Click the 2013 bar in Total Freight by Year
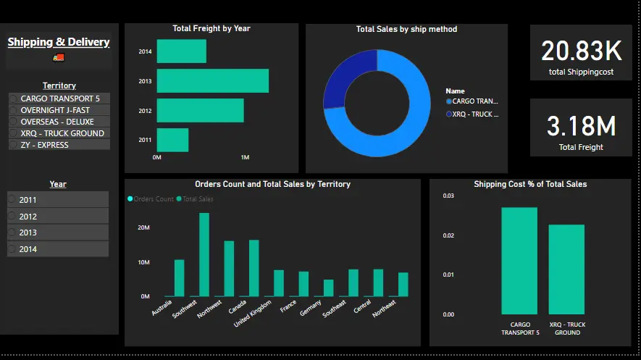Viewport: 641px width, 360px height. [x=212, y=80]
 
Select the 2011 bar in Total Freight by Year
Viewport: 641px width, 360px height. [x=172, y=140]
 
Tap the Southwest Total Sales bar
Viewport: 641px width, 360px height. [x=204, y=255]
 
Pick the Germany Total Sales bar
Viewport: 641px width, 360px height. [x=328, y=288]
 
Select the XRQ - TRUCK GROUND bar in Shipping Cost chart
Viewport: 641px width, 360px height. [x=566, y=269]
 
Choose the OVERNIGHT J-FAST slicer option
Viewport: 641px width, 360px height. [x=55, y=110]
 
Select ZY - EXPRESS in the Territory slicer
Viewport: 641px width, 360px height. [x=45, y=145]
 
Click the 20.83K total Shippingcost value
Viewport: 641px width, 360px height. [x=581, y=51]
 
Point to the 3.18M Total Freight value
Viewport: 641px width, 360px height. [x=581, y=126]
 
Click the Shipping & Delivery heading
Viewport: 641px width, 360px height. [x=59, y=42]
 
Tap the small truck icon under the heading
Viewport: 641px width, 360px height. [x=59, y=57]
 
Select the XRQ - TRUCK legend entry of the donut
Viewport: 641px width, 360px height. [x=475, y=114]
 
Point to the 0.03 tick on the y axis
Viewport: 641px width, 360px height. [x=448, y=196]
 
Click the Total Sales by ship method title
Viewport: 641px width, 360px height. [x=406, y=30]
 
